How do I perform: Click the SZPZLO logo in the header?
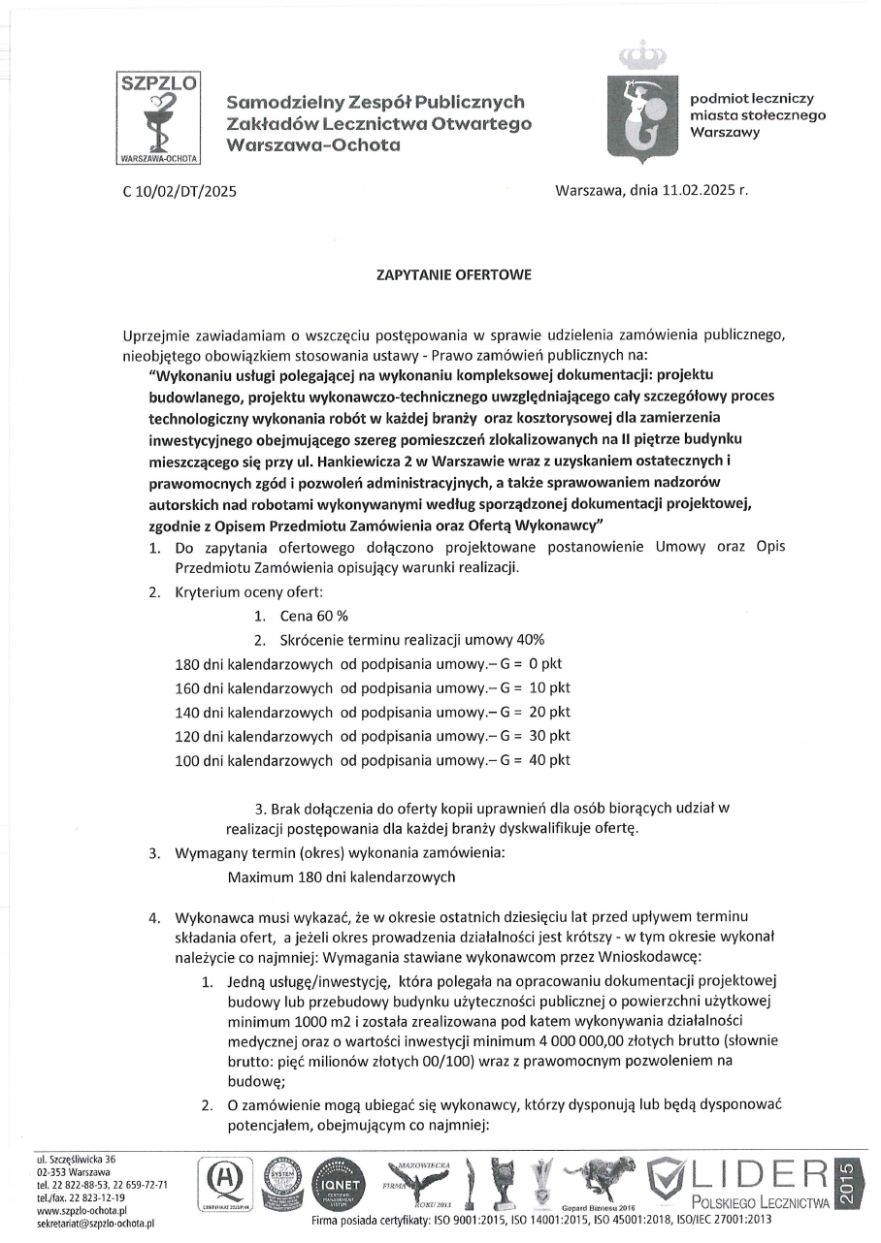point(157,118)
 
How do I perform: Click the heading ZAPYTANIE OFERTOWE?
point(453,275)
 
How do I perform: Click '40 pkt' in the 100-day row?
point(548,760)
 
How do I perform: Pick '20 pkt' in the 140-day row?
point(548,712)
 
